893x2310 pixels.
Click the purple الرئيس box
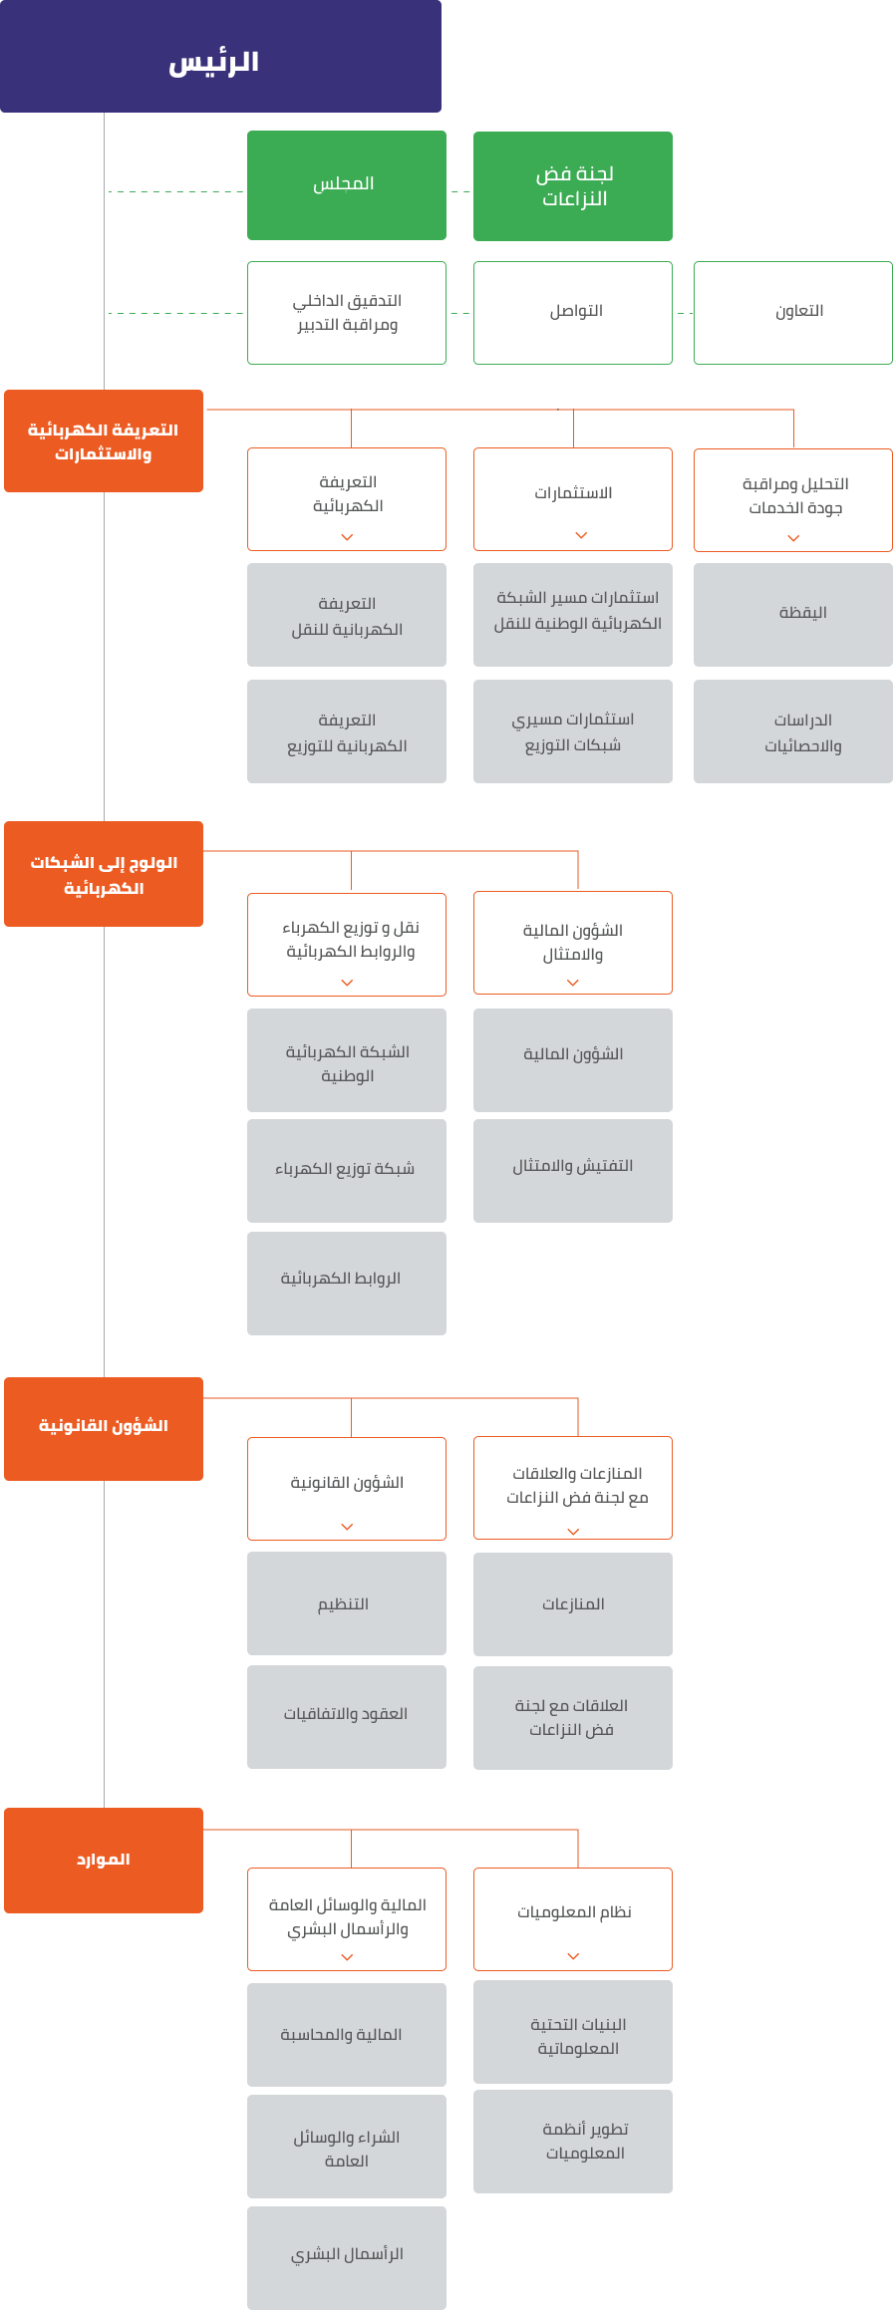click(x=220, y=57)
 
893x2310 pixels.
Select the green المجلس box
click(x=346, y=185)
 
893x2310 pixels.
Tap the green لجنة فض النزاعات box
click(x=572, y=186)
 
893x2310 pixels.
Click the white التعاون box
click(x=792, y=312)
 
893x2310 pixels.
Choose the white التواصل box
click(x=572, y=312)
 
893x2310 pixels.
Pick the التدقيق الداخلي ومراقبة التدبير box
click(x=346, y=312)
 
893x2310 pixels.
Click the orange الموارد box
click(x=104, y=1860)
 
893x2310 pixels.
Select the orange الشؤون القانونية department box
click(x=104, y=1428)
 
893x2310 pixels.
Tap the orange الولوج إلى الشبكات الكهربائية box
click(x=104, y=874)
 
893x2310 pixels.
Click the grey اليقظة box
click(x=792, y=614)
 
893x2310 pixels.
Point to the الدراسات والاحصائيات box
click(x=792, y=731)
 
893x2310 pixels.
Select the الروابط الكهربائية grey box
click(x=346, y=1283)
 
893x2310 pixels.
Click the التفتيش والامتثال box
click(x=572, y=1170)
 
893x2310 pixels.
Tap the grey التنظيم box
click(x=346, y=1602)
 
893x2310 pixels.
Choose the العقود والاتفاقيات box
click(x=346, y=1716)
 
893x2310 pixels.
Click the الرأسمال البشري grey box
click(x=346, y=2256)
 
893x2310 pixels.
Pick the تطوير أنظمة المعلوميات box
click(x=572, y=2141)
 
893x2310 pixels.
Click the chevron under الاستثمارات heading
click(x=581, y=535)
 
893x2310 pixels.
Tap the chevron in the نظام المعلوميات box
click(x=573, y=1955)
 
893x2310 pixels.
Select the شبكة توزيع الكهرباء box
click(x=346, y=1170)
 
